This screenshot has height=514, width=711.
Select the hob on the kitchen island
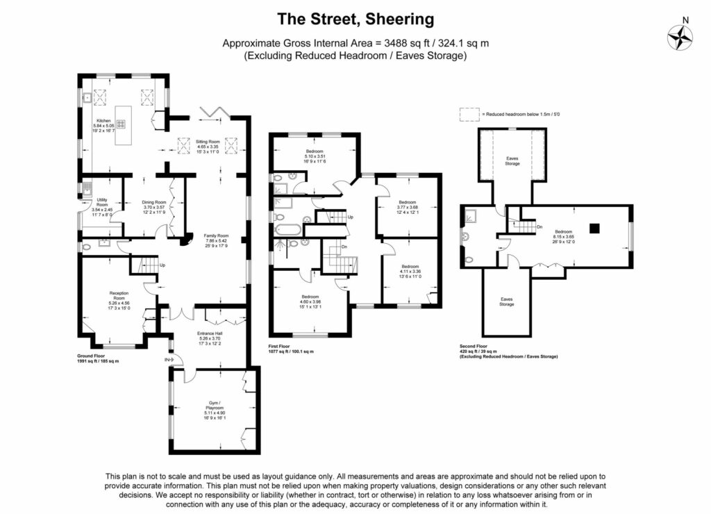click(x=121, y=124)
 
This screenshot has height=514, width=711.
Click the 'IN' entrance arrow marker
click(x=168, y=360)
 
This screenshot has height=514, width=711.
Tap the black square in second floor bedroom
click(x=594, y=227)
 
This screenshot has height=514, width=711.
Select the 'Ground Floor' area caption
click(x=98, y=358)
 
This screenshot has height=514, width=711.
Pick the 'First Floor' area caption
click(x=291, y=348)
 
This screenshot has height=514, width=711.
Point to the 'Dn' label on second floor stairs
click(x=539, y=227)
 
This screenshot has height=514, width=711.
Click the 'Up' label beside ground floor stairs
click(x=162, y=265)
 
